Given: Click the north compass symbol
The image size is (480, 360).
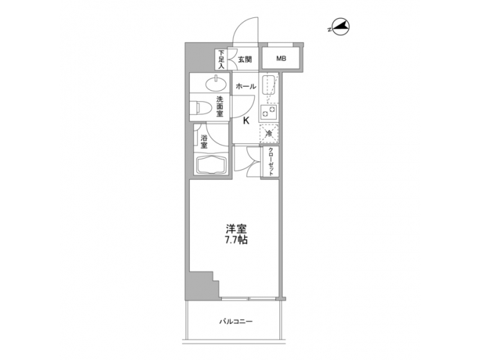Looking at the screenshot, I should click(341, 27).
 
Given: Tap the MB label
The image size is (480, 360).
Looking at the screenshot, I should click(281, 59).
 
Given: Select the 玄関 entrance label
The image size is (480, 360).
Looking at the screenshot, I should click(244, 59).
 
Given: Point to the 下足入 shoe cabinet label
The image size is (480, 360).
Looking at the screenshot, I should click(221, 59).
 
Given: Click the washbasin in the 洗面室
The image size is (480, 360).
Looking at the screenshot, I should click(215, 83).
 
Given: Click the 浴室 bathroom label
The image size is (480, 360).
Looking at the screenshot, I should click(203, 141).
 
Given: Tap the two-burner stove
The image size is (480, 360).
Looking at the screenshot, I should click(270, 113).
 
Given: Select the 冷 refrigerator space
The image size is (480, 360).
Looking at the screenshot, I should click(269, 134).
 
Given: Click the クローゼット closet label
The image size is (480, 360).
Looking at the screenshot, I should click(271, 161).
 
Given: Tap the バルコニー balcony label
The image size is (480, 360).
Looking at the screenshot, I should click(236, 322).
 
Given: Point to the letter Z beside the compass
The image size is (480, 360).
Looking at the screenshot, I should click(331, 29).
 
